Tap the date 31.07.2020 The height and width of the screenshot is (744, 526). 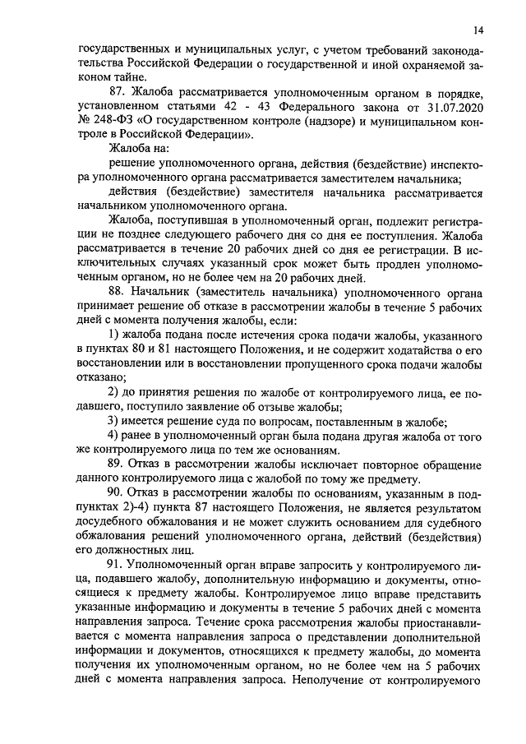(435, 106)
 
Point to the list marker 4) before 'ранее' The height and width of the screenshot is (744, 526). (115, 435)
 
